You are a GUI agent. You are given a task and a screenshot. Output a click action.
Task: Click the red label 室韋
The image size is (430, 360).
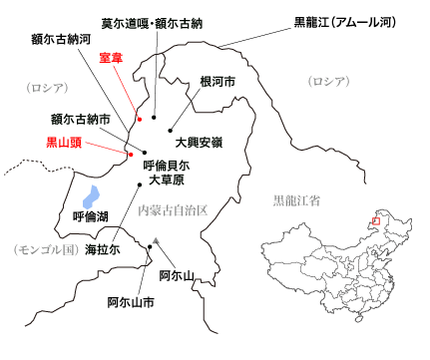pos(117,59)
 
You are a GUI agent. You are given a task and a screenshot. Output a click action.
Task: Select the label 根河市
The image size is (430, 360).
pos(216,82)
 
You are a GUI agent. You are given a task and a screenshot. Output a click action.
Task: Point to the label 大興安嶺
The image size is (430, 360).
pos(200,143)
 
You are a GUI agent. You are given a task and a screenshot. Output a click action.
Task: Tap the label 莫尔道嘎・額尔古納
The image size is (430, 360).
pos(152,22)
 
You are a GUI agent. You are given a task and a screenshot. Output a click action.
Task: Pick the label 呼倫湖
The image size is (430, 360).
pos(94,215)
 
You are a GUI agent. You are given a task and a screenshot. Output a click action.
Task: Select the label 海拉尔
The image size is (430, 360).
pos(103,249)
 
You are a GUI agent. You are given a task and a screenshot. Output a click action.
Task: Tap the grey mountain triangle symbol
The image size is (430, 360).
pos(158,240)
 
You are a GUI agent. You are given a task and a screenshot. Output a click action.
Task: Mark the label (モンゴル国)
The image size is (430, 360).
pos(42,249)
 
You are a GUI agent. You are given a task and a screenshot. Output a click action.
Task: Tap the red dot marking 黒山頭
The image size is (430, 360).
pos(130,154)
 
